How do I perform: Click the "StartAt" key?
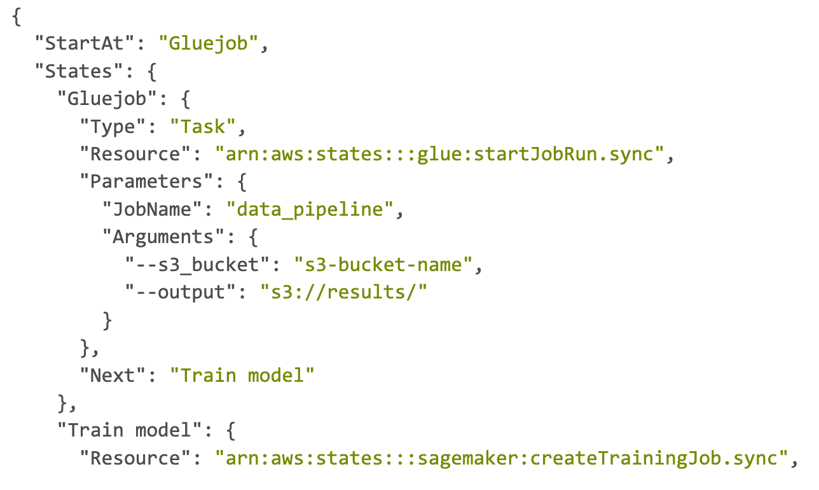coord(85,44)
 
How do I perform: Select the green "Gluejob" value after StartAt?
coord(209,44)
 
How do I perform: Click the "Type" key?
coord(113,127)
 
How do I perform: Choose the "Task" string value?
coord(203,127)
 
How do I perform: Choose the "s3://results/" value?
coord(343,292)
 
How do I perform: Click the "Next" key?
coord(113,375)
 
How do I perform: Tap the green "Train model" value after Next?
coord(242,375)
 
